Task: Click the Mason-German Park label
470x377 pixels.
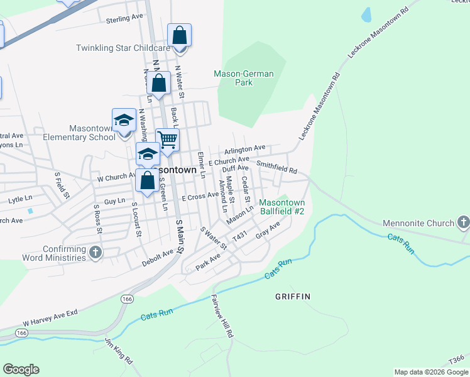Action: tap(244, 78)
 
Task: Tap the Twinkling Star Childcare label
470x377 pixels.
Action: tap(123, 48)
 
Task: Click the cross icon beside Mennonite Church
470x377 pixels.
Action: tap(463, 222)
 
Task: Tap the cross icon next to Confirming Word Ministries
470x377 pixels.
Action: tap(95, 253)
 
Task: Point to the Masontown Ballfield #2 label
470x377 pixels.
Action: tap(282, 207)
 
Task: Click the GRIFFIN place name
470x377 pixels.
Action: tap(293, 295)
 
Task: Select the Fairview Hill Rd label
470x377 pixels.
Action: tap(222, 317)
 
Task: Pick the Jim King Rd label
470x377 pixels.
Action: tap(119, 352)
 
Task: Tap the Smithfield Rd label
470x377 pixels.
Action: tap(276, 169)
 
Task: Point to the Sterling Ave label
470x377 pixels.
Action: tap(124, 18)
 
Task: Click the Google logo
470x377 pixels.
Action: tap(21, 369)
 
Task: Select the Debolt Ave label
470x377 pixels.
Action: tap(158, 256)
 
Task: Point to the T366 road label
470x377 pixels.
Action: tap(457, 358)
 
